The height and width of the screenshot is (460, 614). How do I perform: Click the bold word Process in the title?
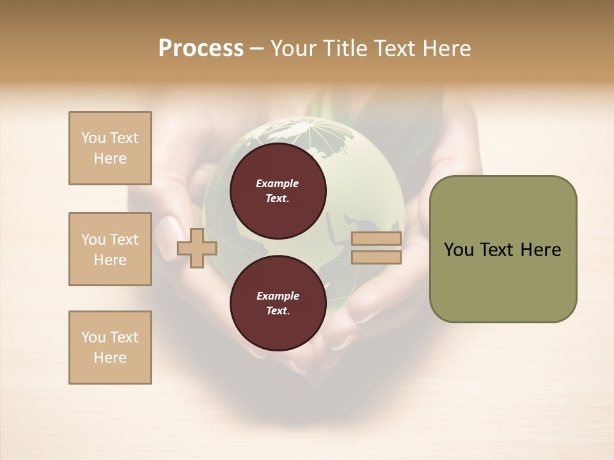coord(201,49)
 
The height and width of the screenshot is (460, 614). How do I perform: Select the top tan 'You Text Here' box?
coord(110,148)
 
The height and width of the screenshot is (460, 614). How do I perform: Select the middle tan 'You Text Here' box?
coord(110,249)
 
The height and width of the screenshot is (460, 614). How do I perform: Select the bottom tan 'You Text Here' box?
coord(110,348)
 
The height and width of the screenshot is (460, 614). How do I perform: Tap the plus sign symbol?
coord(197,248)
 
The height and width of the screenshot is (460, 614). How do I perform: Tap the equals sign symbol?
coord(376,248)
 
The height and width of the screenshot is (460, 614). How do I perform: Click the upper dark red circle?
coord(278,191)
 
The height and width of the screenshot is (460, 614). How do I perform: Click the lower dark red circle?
coord(278,303)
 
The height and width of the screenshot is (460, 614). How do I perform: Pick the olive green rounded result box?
coord(503,249)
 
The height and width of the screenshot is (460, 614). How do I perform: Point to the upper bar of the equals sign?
coord(376,239)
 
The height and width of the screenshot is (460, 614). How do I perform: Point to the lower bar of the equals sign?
coord(376,257)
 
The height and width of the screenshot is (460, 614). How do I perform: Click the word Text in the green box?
coord(497,250)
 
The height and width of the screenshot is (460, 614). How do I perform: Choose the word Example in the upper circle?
coord(278,183)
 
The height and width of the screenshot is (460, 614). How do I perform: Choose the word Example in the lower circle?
coord(278,296)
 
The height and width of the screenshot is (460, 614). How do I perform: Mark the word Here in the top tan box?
coord(110,158)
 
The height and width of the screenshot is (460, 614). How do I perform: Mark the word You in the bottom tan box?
coord(93,337)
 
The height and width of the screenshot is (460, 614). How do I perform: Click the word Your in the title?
coord(294,49)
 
